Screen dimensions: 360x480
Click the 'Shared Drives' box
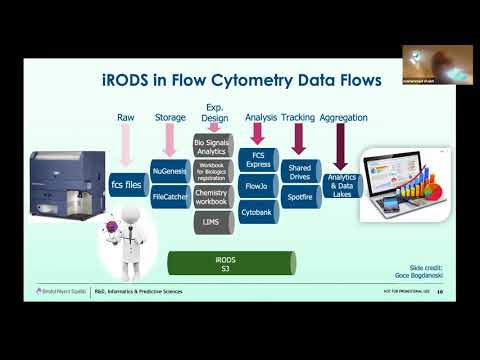click(299, 168)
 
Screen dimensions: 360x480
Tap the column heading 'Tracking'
click(299, 118)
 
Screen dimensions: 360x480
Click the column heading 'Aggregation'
click(343, 118)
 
